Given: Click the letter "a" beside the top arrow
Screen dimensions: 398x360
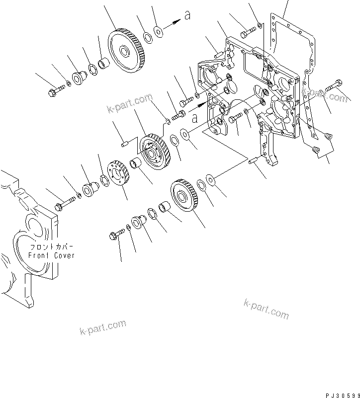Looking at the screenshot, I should pyautogui.click(x=187, y=16).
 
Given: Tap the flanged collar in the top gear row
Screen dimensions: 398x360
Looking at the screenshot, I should pyautogui.click(x=79, y=78).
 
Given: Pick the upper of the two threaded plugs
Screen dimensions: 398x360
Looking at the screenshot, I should pyautogui.click(x=327, y=135).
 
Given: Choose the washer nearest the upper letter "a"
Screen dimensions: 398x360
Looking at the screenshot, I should pyautogui.click(x=159, y=32).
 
